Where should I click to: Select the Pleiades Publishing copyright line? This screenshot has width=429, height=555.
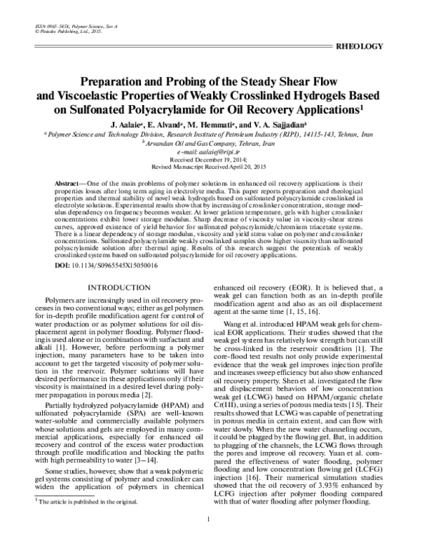66,31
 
